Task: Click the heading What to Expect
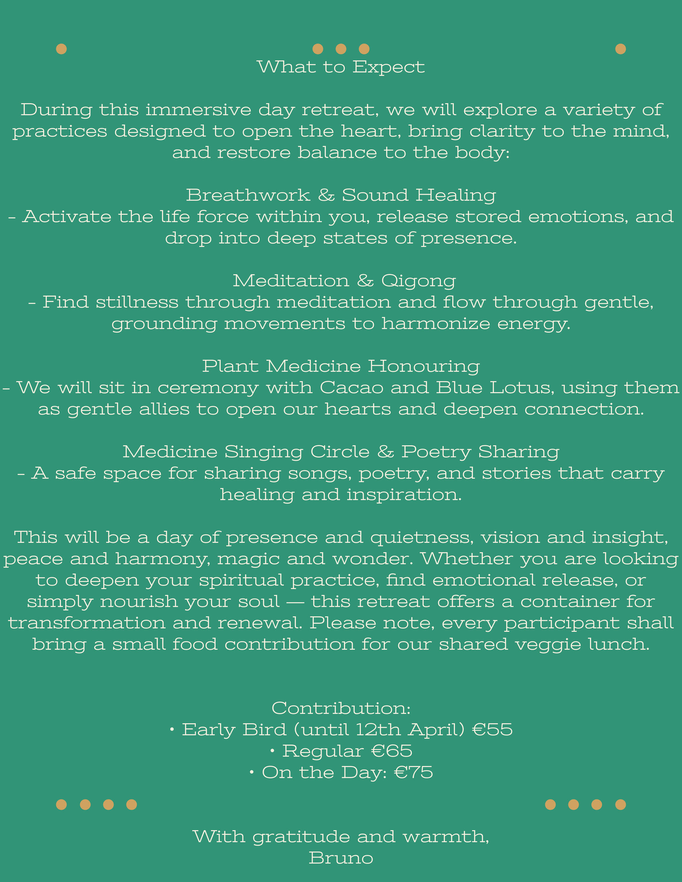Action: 341,67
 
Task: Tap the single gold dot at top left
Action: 62,49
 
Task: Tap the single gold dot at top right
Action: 620,49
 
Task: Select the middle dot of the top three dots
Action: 341,49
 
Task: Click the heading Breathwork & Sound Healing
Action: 341,195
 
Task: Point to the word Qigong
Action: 418,281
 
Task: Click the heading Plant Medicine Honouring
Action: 341,366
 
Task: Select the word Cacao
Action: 351,388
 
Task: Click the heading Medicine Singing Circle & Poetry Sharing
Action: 341,452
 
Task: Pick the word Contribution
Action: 341,708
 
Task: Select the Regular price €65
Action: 391,751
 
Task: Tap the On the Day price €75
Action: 413,772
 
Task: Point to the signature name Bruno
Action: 341,858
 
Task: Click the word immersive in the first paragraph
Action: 198,110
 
